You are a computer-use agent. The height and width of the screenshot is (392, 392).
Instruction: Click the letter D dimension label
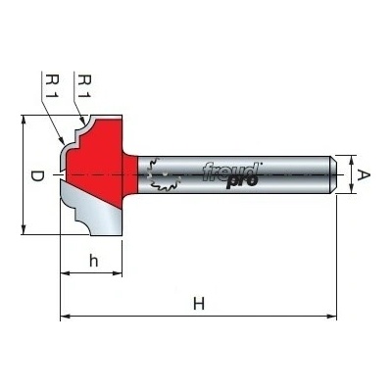(x=37, y=176)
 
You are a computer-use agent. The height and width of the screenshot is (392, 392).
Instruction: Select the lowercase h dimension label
(x=94, y=261)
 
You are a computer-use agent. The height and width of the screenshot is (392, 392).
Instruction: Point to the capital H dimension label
(x=199, y=304)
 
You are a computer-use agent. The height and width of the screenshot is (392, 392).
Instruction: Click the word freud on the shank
(x=230, y=171)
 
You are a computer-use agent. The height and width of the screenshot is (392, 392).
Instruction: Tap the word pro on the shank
(x=242, y=181)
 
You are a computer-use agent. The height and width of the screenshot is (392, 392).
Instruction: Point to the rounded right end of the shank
(x=333, y=175)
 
